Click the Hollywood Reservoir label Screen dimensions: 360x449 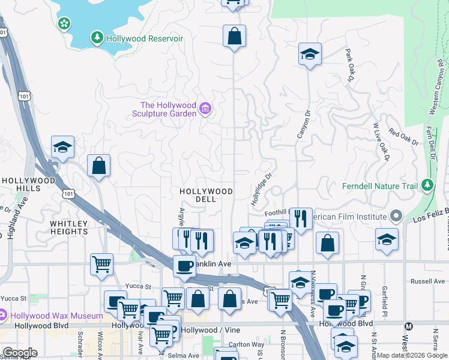(144, 38)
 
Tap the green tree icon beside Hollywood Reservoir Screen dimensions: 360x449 (97, 38)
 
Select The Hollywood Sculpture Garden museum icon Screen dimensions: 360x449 (206, 109)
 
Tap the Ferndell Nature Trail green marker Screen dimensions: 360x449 (427, 185)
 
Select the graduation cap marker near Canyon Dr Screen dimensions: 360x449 (310, 54)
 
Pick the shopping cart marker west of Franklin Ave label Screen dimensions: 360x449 (102, 263)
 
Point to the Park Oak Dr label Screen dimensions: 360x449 (349, 65)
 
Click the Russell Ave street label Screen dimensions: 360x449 (426, 281)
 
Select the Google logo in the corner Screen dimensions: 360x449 (19, 353)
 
